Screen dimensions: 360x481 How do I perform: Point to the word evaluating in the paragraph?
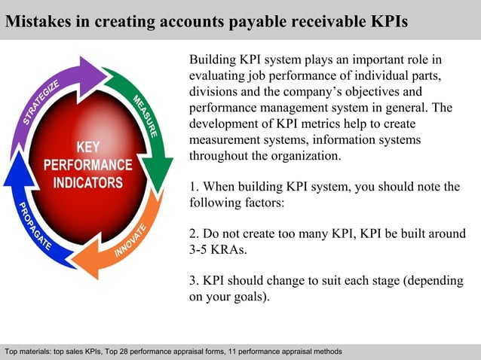tap(217, 75)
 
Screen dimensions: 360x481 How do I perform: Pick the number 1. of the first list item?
tap(194, 187)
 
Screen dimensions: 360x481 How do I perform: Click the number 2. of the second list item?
tap(194, 233)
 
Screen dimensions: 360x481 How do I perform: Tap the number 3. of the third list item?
tap(194, 281)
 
